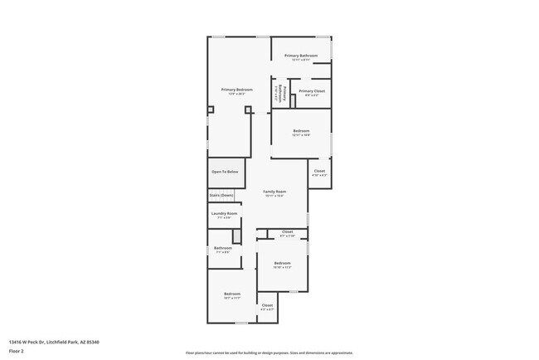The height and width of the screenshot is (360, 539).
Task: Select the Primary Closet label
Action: pyautogui.click(x=312, y=91)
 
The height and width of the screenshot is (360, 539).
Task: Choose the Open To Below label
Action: pyautogui.click(x=224, y=172)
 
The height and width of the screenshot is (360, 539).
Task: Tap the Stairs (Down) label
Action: pyautogui.click(x=221, y=195)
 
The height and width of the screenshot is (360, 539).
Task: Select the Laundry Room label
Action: pyautogui.click(x=224, y=214)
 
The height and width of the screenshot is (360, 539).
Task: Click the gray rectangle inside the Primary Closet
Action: pyautogui.click(x=293, y=101)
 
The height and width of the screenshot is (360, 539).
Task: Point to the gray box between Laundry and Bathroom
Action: pyautogui.click(x=236, y=236)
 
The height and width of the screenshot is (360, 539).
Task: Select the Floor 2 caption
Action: pyautogui.click(x=16, y=351)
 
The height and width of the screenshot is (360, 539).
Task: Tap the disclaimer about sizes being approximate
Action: pyautogui.click(x=269, y=353)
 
